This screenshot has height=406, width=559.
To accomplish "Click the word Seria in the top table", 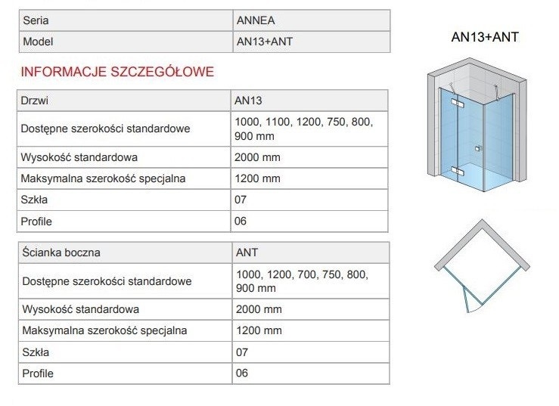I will (36, 20).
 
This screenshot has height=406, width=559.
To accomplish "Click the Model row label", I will (39, 42).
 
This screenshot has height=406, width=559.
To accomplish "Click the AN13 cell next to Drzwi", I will (250, 100).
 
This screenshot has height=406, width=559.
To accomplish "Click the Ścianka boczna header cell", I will (61, 253).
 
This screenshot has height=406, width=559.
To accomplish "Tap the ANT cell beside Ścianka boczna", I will (247, 253).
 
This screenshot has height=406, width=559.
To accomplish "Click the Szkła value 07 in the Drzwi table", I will (242, 200).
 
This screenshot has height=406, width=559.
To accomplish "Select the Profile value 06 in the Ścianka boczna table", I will (242, 373).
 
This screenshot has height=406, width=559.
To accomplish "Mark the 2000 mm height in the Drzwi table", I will (259, 157).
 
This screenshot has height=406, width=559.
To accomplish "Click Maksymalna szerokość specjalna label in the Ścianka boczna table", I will (104, 330).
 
